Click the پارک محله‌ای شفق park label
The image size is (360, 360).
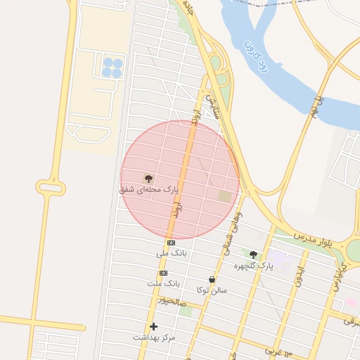click(x=149, y=190)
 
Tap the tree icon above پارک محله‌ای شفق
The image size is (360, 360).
click(x=148, y=178)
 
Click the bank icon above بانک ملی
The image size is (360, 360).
click(x=171, y=243)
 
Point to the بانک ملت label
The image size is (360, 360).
click(x=164, y=283)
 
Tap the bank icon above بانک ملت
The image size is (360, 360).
click(x=164, y=273)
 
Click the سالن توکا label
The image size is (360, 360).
click(x=212, y=289)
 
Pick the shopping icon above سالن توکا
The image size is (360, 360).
click(x=212, y=279)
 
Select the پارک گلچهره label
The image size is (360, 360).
click(x=255, y=266)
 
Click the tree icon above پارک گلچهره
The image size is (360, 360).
click(x=254, y=255)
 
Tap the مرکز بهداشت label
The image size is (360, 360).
click(x=154, y=337)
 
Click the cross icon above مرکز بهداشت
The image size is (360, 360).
click(x=153, y=326)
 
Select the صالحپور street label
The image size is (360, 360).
click(x=171, y=301)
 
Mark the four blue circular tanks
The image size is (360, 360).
click(x=112, y=67)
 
